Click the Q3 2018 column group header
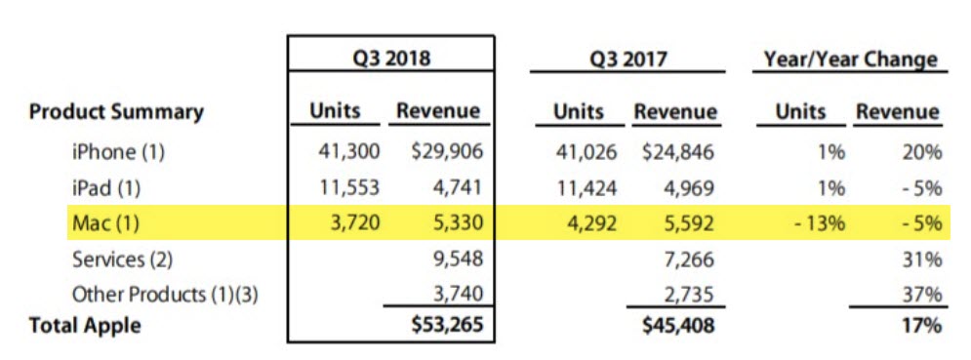[390, 59]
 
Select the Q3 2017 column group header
[627, 59]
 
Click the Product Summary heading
[116, 112]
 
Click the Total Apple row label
[85, 326]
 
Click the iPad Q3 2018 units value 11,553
[345, 188]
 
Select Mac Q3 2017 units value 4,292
[584, 224]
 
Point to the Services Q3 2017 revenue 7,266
[690, 260]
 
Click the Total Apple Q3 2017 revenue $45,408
[678, 326]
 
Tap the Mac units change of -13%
[819, 224]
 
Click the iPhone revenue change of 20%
[922, 152]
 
